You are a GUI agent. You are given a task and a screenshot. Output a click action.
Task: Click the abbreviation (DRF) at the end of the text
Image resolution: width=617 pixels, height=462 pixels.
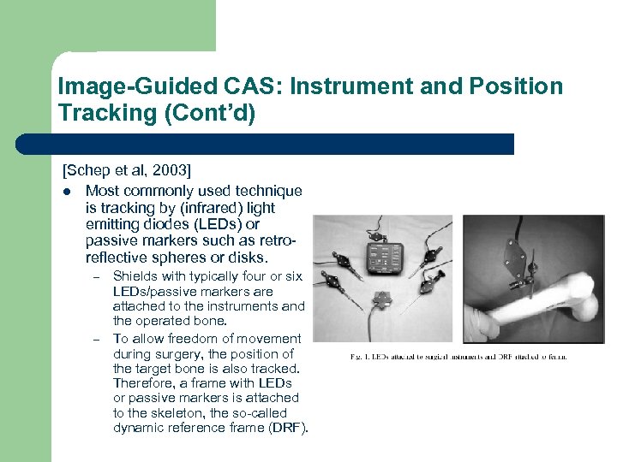tap(288, 427)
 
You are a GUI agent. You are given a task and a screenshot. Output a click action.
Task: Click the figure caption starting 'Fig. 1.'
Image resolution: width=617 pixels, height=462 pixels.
tap(458, 356)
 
